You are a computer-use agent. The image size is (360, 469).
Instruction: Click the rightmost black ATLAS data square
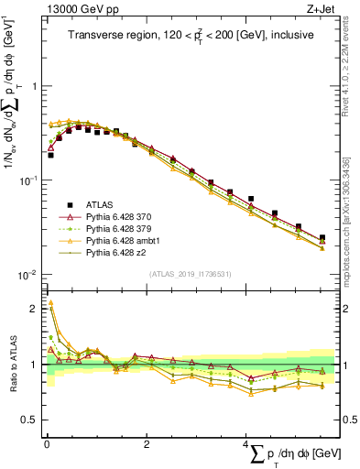point(322,238)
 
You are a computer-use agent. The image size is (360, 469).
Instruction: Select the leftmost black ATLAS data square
point(50,155)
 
